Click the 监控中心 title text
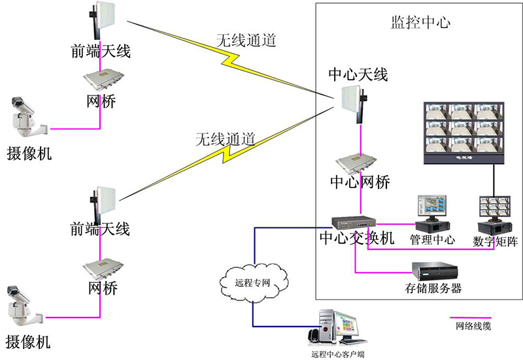420,22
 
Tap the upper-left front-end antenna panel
103,20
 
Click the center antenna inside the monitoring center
354,104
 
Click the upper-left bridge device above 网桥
103,80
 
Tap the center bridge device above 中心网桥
356,163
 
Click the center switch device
354,222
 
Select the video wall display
464,133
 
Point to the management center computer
432,214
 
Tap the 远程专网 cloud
254,283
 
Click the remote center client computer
337,328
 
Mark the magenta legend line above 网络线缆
471,318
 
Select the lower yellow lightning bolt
227,154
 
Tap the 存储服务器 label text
433,287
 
